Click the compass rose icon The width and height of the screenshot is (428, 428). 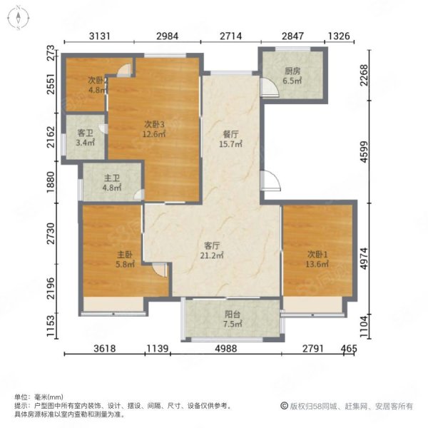[x=19, y=18]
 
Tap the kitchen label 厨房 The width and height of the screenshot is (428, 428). [x=292, y=71]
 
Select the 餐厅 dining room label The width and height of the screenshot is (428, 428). [x=230, y=134]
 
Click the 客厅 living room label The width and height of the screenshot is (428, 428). [x=212, y=245]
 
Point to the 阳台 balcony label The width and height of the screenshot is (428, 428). [x=233, y=315]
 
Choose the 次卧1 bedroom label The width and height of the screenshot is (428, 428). [x=317, y=255]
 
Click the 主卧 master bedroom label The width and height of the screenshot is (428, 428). [x=125, y=255]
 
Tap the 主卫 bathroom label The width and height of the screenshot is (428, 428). [x=112, y=178]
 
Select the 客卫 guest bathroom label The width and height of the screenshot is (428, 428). [x=86, y=133]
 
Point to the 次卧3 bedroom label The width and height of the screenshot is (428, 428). [x=155, y=124]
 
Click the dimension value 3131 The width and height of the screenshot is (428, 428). [x=100, y=36]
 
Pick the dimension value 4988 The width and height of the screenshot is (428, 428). [x=226, y=348]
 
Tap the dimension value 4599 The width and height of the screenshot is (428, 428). [x=364, y=152]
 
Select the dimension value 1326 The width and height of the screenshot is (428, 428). [x=339, y=36]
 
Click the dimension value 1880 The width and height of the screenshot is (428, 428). [x=51, y=182]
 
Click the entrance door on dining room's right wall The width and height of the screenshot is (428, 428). [x=270, y=180]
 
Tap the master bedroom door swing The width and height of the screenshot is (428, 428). [x=160, y=270]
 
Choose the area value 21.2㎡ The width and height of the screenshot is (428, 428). [x=212, y=255]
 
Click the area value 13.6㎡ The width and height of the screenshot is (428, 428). [x=317, y=264]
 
